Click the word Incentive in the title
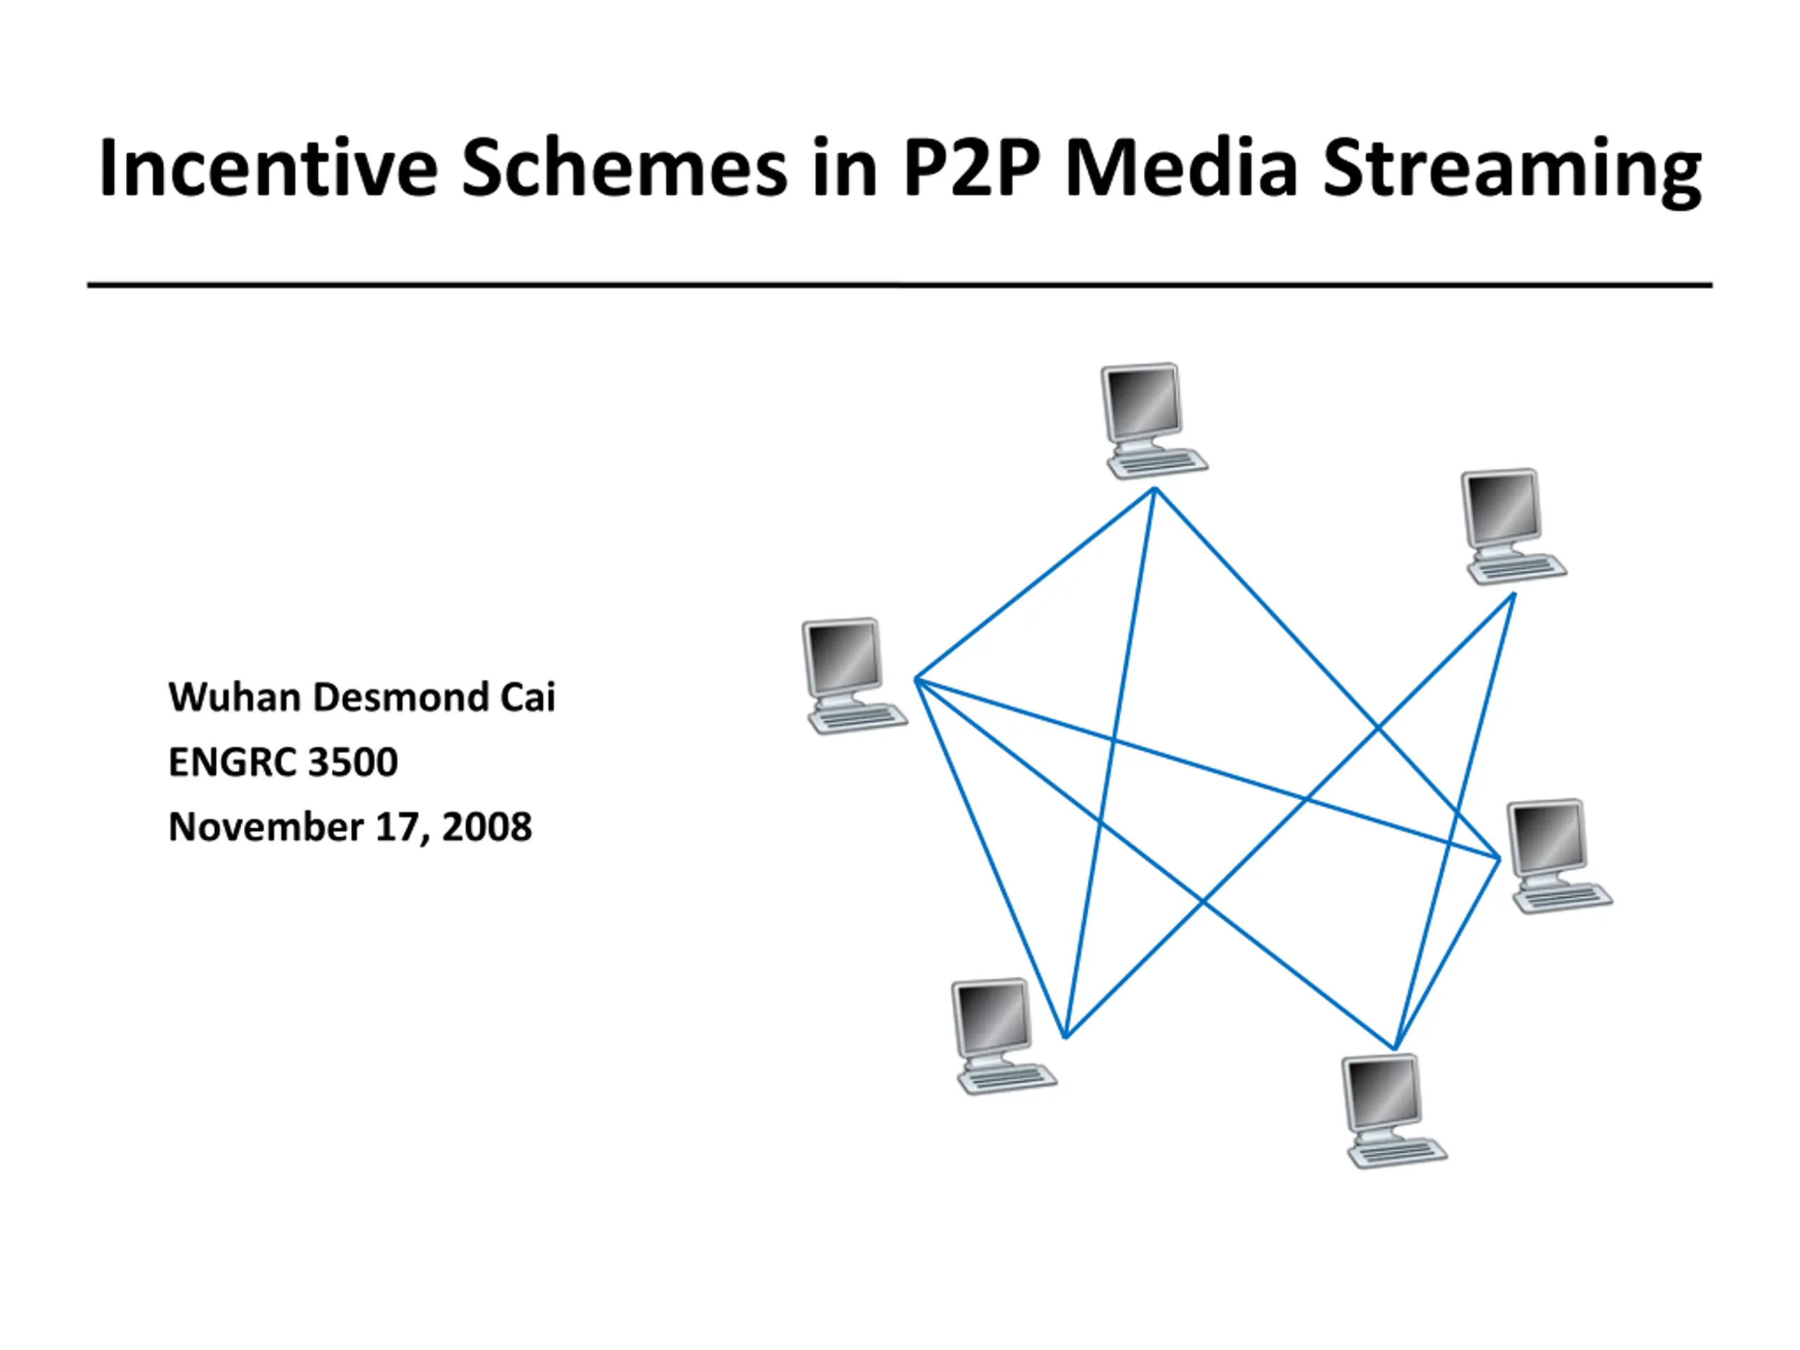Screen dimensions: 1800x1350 [x=269, y=169]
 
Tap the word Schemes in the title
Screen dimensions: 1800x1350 [x=624, y=169]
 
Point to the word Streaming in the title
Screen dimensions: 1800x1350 [x=1512, y=172]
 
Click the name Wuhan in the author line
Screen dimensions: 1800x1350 [x=234, y=697]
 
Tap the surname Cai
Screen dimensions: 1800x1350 [x=527, y=697]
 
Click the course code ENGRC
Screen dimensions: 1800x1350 [x=232, y=762]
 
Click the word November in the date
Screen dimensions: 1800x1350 [x=265, y=827]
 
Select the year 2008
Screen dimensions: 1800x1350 [x=487, y=827]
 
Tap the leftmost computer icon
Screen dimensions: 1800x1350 [x=854, y=676]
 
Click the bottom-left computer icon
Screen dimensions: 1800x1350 [x=1004, y=1036]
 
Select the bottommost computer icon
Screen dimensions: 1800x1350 [x=1394, y=1111]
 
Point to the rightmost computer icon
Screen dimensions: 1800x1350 [x=1559, y=856]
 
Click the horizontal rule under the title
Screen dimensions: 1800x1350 [x=900, y=285]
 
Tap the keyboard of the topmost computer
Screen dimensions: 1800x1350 [x=1158, y=464]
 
